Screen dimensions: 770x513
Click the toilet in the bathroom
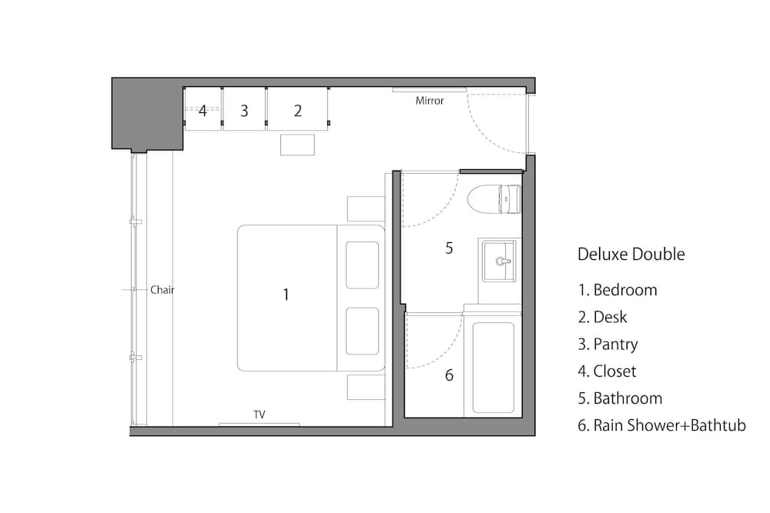494,199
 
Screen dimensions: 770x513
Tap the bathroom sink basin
499,261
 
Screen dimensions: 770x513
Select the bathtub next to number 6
493,368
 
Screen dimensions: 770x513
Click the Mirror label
430,101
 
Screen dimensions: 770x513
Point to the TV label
259,415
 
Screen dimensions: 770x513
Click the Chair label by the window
162,290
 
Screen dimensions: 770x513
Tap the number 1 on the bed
286,295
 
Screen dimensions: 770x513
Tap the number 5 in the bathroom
449,248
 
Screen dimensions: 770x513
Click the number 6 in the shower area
449,375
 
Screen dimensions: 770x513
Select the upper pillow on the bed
363,265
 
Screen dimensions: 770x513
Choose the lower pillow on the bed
363,331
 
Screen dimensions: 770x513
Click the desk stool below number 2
297,145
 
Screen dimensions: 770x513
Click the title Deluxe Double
631,254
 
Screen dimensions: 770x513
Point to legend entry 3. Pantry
608,345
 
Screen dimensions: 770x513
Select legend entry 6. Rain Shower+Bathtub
662,425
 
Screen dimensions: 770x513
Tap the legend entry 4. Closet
607,371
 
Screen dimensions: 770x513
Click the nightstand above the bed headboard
366,208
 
